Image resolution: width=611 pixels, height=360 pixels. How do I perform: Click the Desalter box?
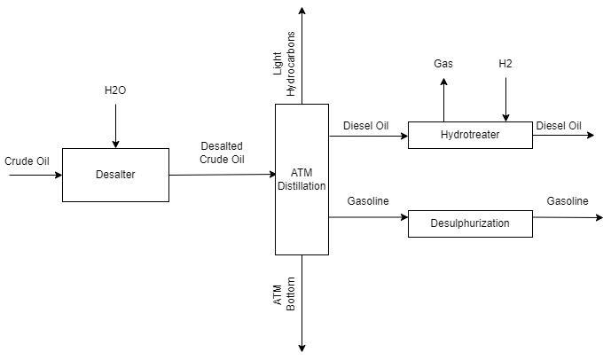(115, 175)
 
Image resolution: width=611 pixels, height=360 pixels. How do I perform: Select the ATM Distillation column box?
(302, 179)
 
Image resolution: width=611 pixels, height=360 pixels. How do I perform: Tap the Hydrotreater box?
(470, 135)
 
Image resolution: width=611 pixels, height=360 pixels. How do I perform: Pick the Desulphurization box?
(470, 223)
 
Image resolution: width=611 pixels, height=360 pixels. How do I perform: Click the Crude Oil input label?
(27, 161)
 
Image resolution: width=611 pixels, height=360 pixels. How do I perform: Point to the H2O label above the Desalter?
(115, 91)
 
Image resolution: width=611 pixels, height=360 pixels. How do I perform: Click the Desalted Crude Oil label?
(222, 153)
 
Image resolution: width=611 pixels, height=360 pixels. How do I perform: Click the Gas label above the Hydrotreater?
(443, 64)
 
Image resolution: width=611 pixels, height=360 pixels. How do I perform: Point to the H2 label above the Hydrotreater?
(505, 64)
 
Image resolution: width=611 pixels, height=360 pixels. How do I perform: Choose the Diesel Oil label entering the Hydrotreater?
(365, 126)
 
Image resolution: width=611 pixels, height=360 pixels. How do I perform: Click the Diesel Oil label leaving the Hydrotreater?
(559, 126)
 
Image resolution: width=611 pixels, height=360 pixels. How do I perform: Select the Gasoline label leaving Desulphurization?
(567, 201)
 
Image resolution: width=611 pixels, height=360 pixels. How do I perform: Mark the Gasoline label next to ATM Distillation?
(368, 201)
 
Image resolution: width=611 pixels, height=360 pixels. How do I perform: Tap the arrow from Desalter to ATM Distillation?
(222, 175)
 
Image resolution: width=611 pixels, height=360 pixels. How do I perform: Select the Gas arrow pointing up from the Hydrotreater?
(444, 99)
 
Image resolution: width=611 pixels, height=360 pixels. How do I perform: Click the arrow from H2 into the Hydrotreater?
(506, 99)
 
